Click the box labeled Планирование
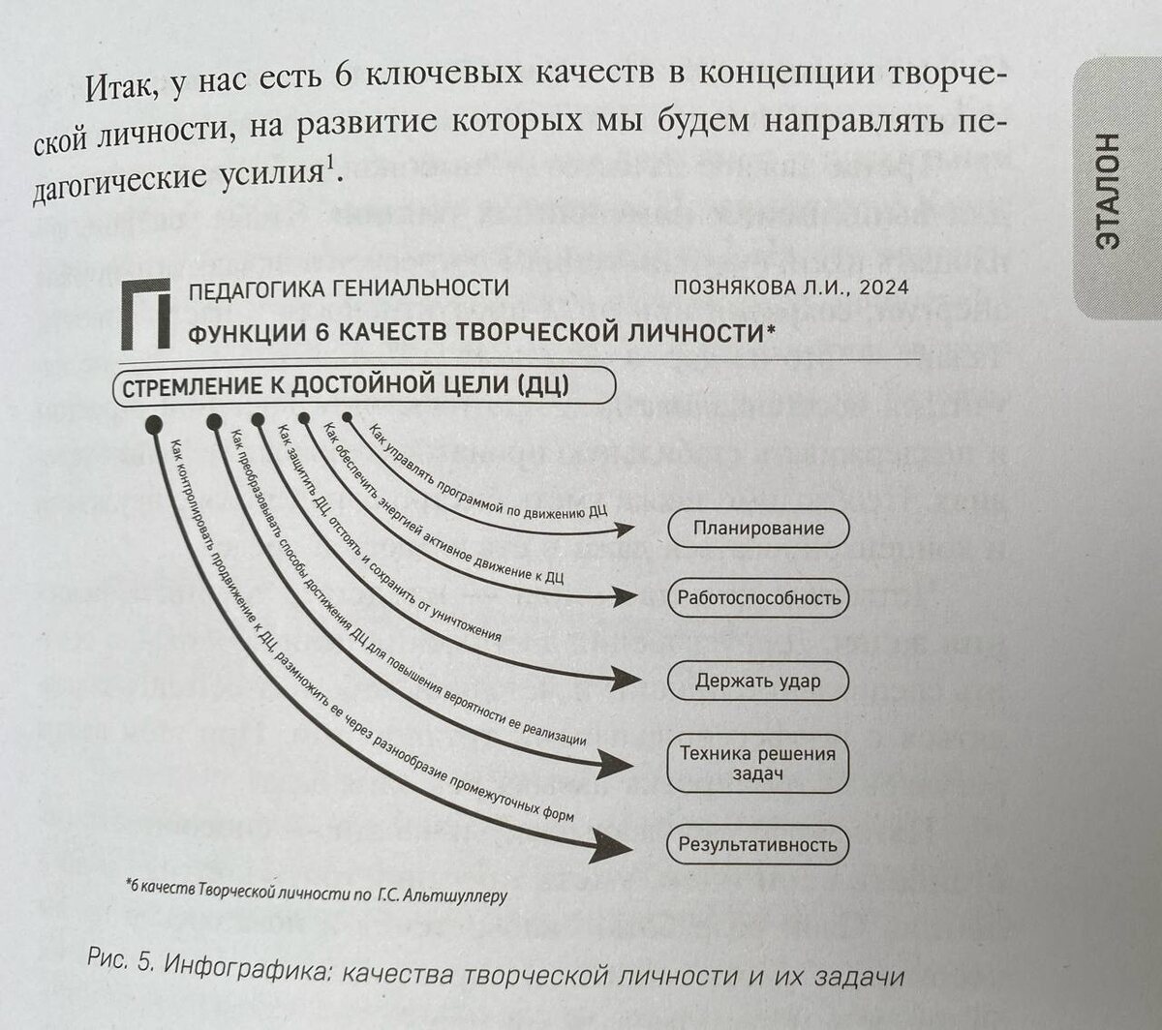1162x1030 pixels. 758,529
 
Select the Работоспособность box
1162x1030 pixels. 758,598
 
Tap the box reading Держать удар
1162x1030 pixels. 758,681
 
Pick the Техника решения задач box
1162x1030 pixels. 758,763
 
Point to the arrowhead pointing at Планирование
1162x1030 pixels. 625,529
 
